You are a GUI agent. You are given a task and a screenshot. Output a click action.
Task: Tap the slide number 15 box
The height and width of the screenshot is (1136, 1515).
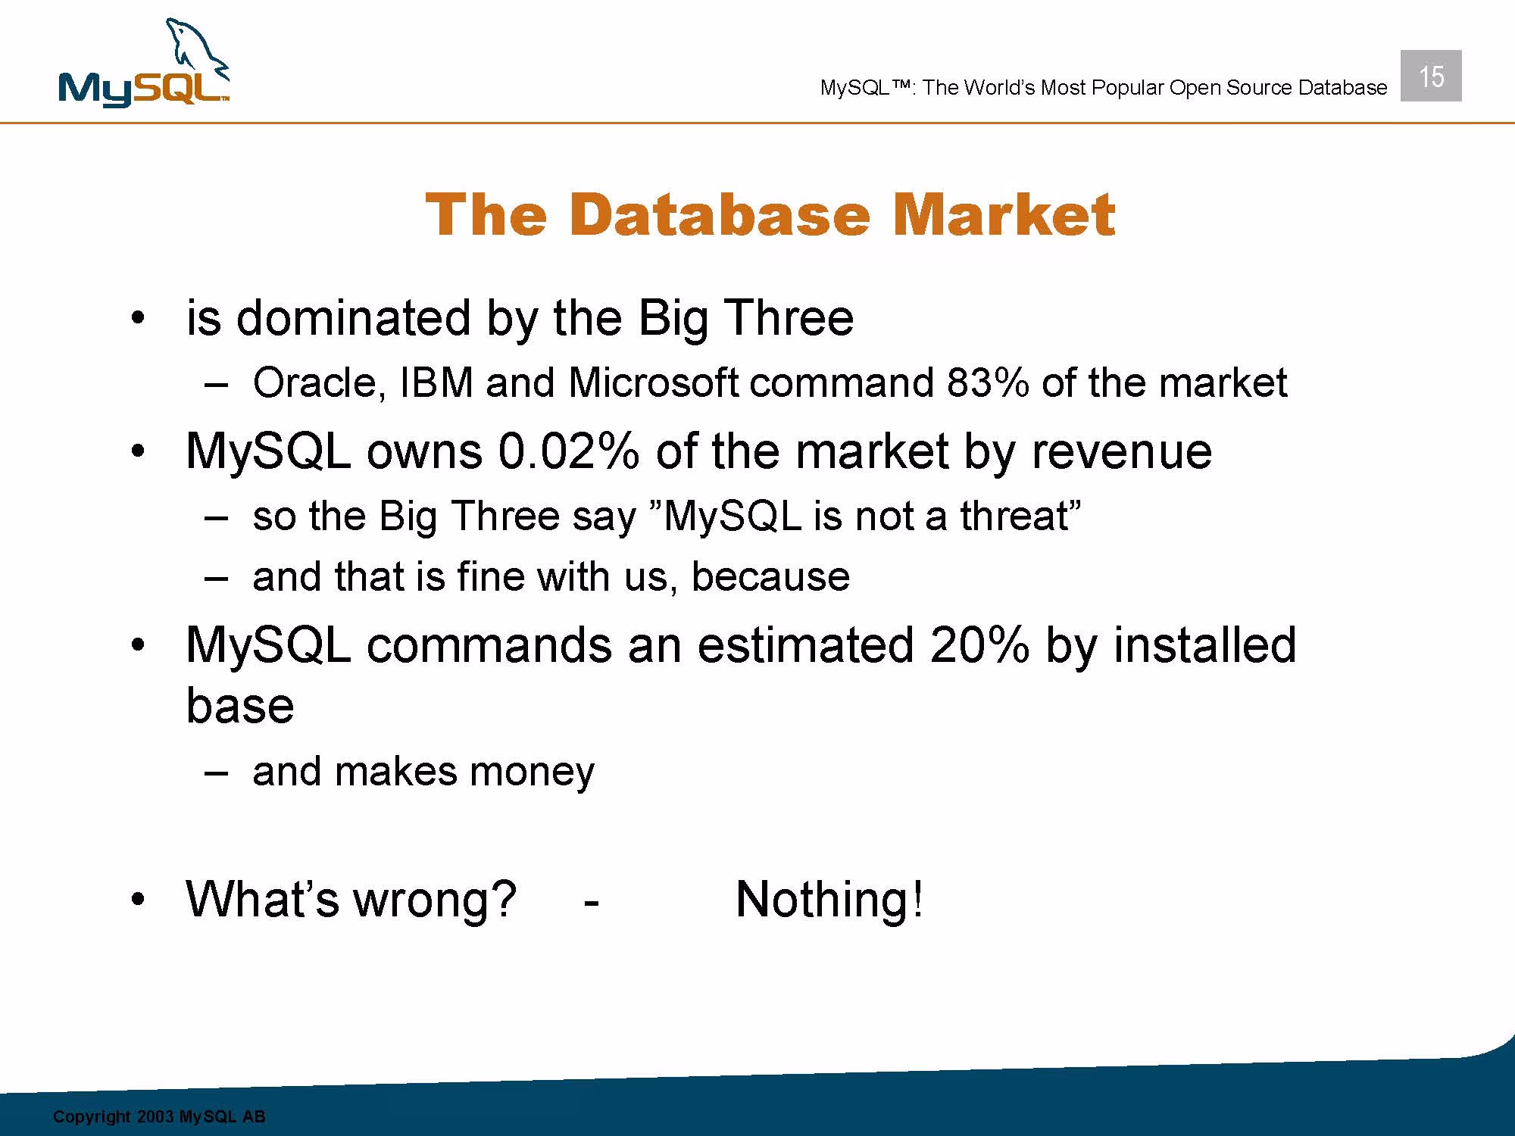1431,76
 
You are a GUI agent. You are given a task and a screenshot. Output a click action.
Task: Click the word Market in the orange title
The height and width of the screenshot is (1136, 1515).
1004,214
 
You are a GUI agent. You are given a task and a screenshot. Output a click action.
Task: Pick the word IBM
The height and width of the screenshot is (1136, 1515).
436,382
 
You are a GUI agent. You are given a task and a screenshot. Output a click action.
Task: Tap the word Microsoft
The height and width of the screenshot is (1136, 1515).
652,382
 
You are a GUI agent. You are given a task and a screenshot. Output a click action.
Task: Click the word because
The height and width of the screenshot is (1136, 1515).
770,576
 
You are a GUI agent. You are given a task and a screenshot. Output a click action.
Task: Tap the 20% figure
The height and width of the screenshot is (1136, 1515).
979,645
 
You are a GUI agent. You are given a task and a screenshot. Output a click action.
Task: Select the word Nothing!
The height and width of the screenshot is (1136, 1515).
829,899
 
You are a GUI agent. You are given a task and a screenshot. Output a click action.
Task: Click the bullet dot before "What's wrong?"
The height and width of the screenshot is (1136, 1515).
136,900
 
